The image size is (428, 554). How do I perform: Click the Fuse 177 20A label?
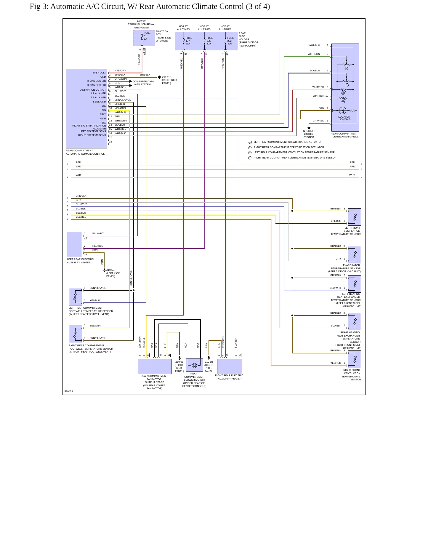[189, 41]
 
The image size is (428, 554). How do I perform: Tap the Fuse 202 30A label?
[230, 41]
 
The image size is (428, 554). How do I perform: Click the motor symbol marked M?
[194, 366]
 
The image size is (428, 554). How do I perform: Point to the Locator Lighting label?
[344, 118]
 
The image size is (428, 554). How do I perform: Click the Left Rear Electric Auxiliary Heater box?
[74, 244]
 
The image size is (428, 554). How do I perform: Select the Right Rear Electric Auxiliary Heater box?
[230, 366]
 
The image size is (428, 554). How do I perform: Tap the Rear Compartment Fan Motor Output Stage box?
[155, 366]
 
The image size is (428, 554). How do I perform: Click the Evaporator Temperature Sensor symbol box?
[354, 254]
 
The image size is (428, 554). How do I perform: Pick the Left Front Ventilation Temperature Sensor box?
[354, 217]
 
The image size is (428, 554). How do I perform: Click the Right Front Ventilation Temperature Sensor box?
[354, 359]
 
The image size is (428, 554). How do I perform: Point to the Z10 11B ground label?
[169, 80]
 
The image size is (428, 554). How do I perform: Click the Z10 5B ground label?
[113, 273]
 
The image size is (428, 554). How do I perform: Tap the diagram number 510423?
[69, 391]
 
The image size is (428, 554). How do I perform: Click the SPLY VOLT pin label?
[99, 73]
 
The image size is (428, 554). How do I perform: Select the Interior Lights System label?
[309, 134]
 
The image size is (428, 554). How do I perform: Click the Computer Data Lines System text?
[143, 83]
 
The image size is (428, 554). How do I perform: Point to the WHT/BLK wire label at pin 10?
[318, 96]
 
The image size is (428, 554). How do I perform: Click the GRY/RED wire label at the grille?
[318, 121]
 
